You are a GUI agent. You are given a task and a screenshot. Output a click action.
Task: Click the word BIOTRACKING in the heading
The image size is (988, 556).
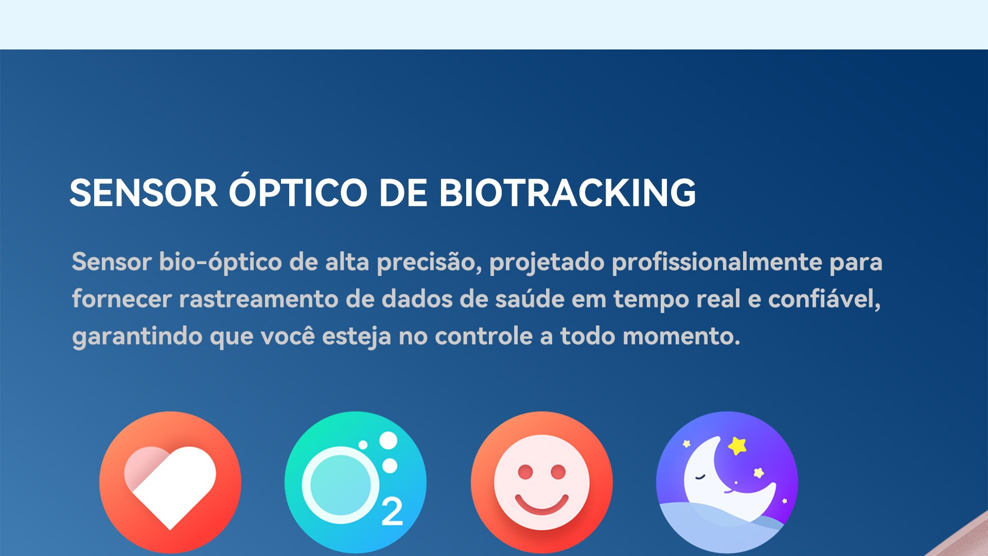(x=567, y=193)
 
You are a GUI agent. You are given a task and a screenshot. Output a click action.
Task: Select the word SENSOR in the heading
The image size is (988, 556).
(x=144, y=193)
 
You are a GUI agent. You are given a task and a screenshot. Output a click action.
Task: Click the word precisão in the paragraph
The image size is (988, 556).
(x=429, y=263)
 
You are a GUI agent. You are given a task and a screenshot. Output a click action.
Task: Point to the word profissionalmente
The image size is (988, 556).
(x=717, y=263)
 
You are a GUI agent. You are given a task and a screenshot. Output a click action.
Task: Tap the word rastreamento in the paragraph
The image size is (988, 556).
(x=258, y=300)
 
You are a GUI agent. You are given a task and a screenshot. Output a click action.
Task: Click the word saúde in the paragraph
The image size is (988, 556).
(x=530, y=299)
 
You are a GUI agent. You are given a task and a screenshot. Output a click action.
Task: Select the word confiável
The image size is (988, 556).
(x=824, y=299)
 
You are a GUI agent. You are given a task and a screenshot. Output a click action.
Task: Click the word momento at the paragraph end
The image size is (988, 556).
(x=681, y=337)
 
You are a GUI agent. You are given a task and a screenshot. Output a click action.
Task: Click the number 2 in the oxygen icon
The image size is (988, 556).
(x=392, y=512)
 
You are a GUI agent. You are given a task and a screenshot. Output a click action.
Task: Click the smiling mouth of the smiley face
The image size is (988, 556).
(x=542, y=504)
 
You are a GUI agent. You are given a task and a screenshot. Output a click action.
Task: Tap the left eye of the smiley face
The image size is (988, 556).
(x=525, y=472)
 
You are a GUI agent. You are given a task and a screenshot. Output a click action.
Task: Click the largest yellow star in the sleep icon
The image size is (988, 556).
(x=737, y=445)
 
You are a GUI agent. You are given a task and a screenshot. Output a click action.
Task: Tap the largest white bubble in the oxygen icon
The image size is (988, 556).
(x=389, y=441)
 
